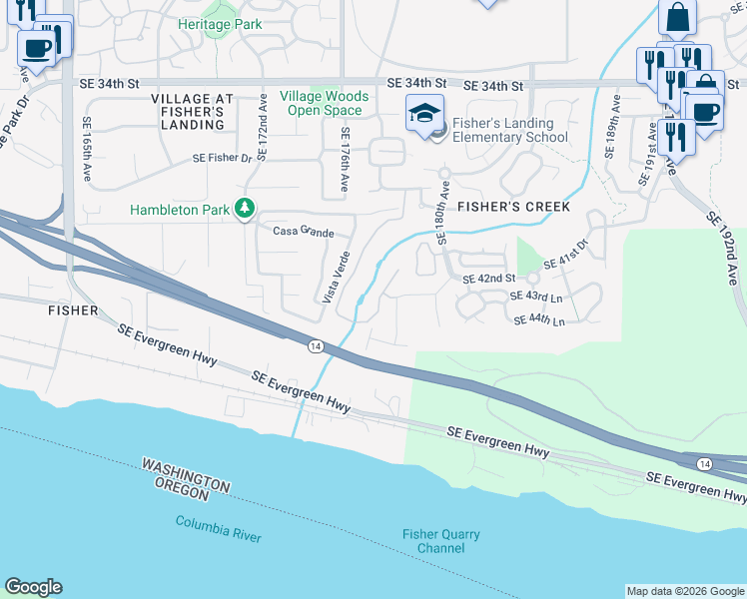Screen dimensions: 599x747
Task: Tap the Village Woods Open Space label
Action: (x=325, y=103)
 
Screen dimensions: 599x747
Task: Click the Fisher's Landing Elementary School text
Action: (x=509, y=130)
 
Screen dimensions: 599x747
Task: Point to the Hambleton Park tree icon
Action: (x=244, y=209)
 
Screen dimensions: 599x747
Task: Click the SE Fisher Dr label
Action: (x=223, y=158)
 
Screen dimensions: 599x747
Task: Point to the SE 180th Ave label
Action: (x=444, y=215)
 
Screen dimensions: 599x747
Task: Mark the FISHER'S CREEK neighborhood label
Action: (x=513, y=207)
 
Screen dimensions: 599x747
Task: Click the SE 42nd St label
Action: (x=488, y=279)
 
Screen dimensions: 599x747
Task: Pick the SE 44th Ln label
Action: (x=539, y=320)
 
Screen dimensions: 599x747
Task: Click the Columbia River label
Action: (x=218, y=528)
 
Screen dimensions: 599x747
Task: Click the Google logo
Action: (x=33, y=587)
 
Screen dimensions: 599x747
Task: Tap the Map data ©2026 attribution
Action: (x=684, y=591)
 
